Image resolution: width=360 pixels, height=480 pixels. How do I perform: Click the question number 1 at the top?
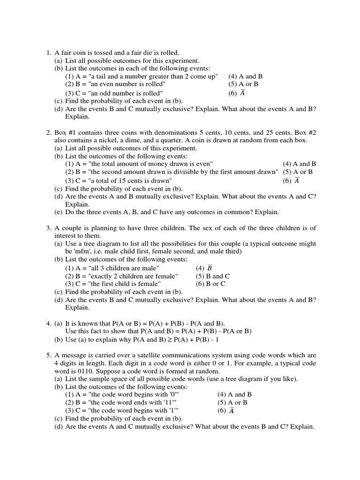click(x=48, y=52)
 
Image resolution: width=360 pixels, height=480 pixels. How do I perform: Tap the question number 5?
click(x=48, y=355)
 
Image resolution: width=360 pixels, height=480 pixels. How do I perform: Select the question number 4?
click(x=48, y=323)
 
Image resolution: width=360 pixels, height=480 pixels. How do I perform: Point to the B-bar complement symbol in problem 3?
click(x=210, y=268)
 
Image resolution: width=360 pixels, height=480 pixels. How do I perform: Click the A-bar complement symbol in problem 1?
click(x=242, y=93)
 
